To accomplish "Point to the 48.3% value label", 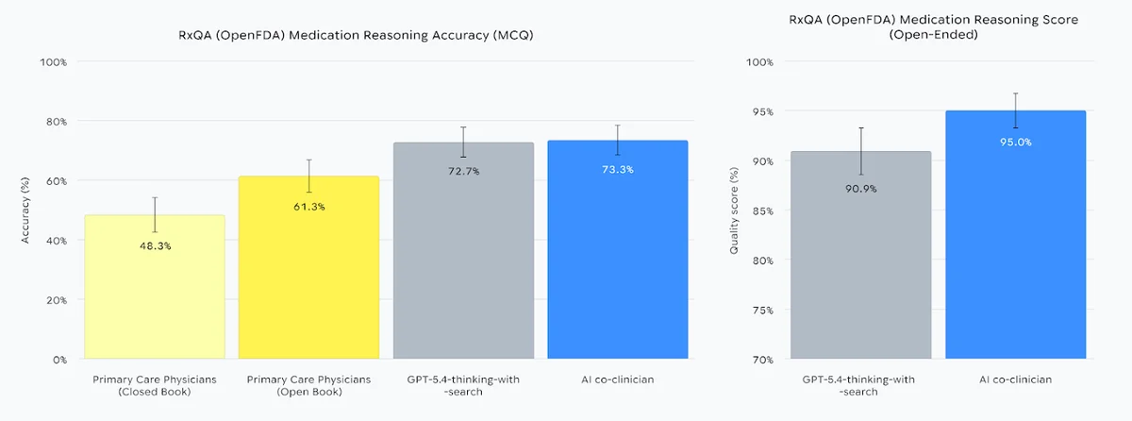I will point(155,245).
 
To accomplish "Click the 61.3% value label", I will point(309,206).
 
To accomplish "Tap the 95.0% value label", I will point(1015,142).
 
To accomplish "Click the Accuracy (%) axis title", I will point(26,210).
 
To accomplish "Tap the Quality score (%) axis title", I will point(734,210).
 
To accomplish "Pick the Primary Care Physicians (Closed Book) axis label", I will point(155,385).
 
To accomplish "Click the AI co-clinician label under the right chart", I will point(1015,379).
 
